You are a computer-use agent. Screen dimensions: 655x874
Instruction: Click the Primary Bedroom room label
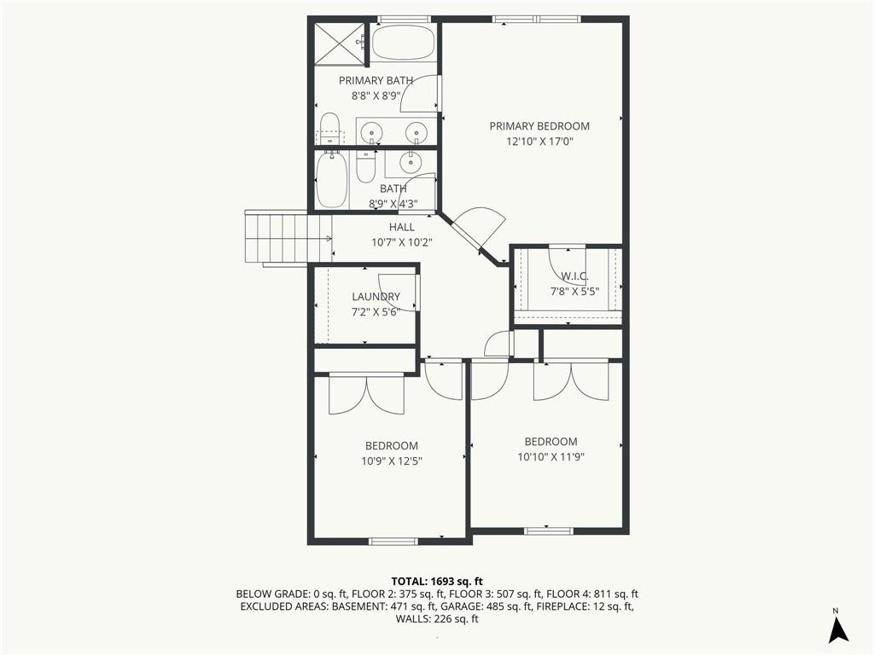(x=539, y=126)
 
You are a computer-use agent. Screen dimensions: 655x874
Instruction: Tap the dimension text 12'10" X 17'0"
(x=539, y=142)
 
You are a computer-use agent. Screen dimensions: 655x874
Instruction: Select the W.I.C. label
(x=574, y=276)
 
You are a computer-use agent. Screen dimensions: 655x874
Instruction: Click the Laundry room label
(x=376, y=297)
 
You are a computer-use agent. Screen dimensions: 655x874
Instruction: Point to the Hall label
(x=401, y=228)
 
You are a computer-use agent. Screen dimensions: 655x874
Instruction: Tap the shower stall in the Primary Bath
(x=338, y=43)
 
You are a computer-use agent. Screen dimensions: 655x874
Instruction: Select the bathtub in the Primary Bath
(x=404, y=43)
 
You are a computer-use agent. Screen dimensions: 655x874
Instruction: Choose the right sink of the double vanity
(x=416, y=131)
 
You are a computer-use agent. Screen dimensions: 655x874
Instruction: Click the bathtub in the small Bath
(x=329, y=179)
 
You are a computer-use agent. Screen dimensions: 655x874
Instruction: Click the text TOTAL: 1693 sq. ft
(x=436, y=581)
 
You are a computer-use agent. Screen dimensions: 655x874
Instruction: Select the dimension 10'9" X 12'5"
(x=393, y=461)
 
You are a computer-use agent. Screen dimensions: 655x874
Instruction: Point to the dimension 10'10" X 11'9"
(x=551, y=456)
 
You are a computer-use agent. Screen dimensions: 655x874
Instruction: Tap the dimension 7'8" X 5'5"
(x=574, y=291)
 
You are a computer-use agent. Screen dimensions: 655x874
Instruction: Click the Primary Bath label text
(x=376, y=81)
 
